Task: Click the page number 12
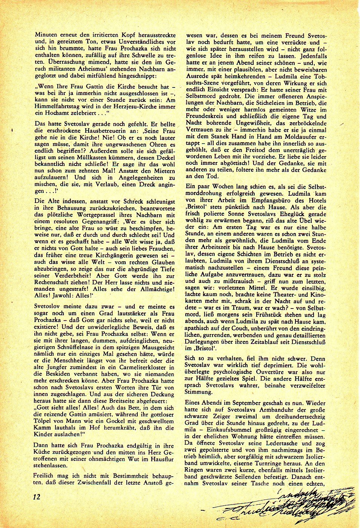[37, 496]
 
